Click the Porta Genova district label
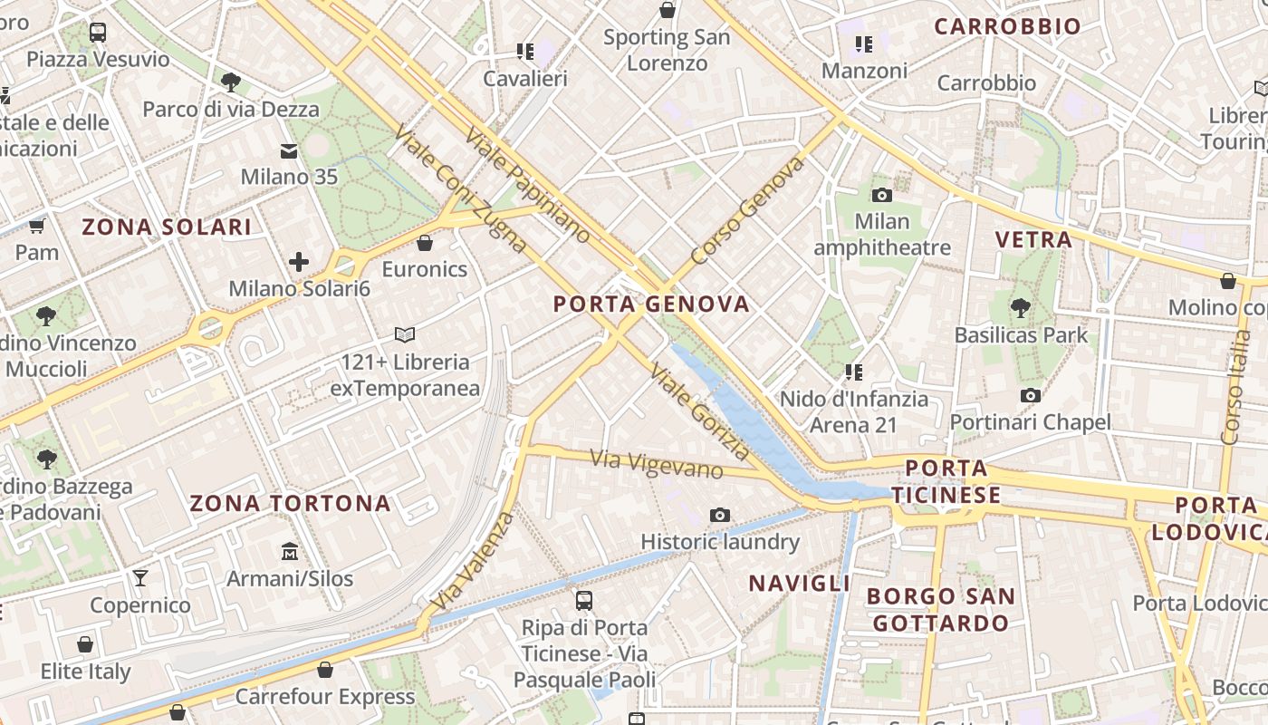pyautogui.click(x=651, y=304)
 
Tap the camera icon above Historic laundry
pyautogui.click(x=720, y=516)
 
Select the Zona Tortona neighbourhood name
pyautogui.click(x=290, y=504)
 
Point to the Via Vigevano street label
pyautogui.click(x=657, y=465)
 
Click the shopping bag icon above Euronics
pyautogui.click(x=425, y=243)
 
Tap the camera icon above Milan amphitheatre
pyautogui.click(x=882, y=195)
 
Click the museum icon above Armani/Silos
pyautogui.click(x=290, y=551)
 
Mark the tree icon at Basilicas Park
pyautogui.click(x=1021, y=308)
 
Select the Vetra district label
pyautogui.click(x=1033, y=240)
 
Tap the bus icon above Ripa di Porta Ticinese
pyautogui.click(x=584, y=600)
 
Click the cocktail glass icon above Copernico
pyautogui.click(x=140, y=578)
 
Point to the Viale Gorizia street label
pyautogui.click(x=700, y=412)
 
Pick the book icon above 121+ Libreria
pyautogui.click(x=405, y=335)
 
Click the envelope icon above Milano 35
pyautogui.click(x=289, y=150)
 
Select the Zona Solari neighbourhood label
pyautogui.click(x=167, y=227)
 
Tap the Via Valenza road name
pyautogui.click(x=473, y=562)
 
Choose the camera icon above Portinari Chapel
pyautogui.click(x=1030, y=395)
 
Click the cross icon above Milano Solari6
pyautogui.click(x=299, y=263)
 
